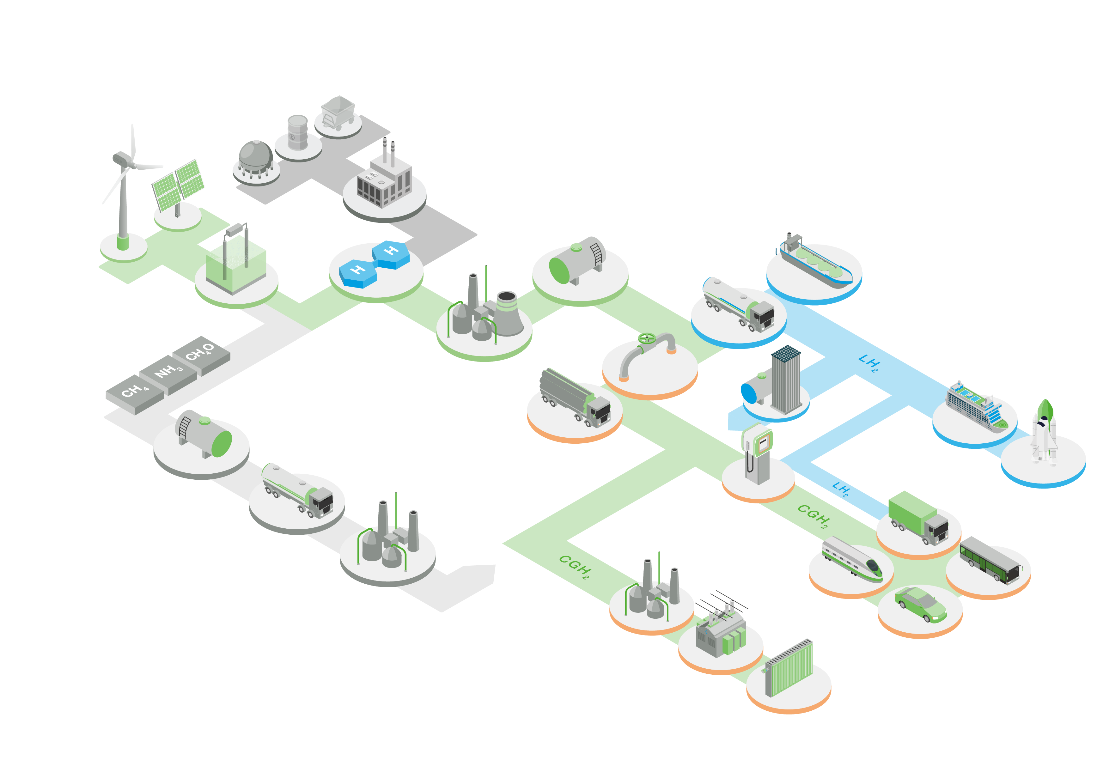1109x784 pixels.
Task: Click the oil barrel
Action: (297, 132)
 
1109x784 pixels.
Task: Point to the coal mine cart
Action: (338, 112)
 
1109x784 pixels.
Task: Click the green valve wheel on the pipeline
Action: (646, 338)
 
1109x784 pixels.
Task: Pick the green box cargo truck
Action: (918, 517)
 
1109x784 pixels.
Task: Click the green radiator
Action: (789, 669)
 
